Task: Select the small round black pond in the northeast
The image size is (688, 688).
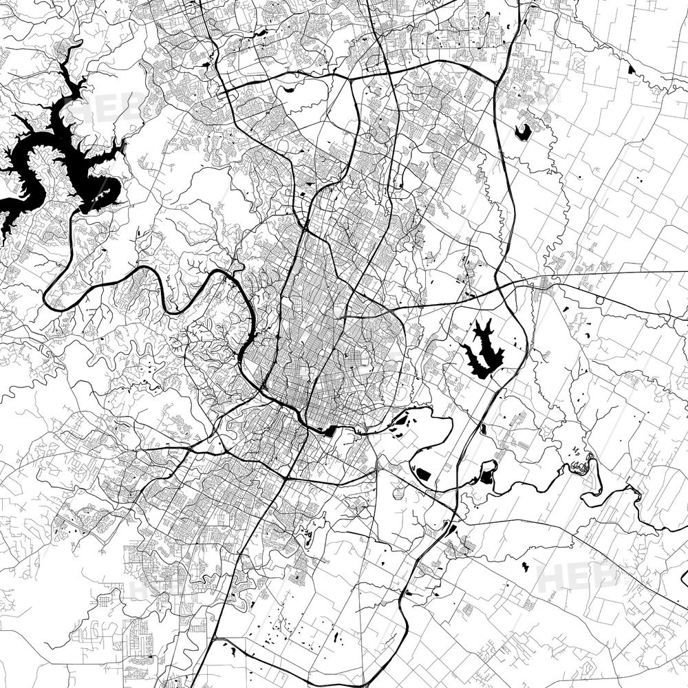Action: coord(523,131)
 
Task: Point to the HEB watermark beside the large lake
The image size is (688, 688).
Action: coord(103,107)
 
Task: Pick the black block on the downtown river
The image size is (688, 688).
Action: coord(330,431)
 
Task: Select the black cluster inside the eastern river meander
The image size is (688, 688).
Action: coord(580,467)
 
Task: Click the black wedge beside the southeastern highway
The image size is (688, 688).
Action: coord(451,529)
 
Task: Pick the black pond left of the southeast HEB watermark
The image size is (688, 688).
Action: coord(525,567)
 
